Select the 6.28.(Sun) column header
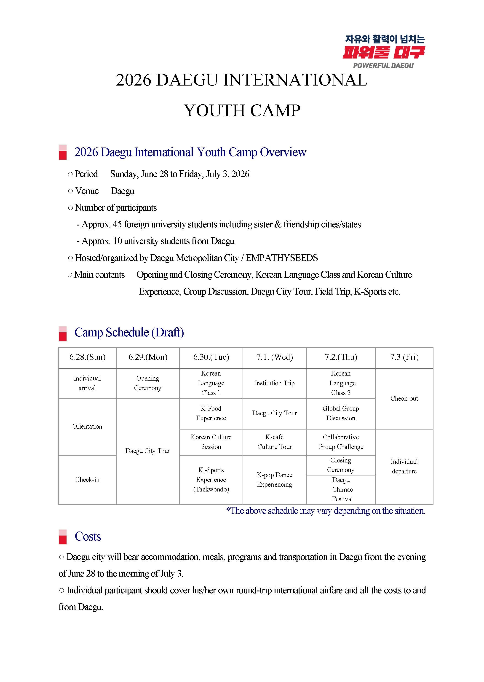pos(87,357)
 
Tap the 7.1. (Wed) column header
pos(275,357)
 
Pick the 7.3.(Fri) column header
pos(404,357)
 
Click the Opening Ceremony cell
pos(147,383)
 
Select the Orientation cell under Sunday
pos(87,426)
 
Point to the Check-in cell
pos(87,480)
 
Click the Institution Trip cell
pos(275,383)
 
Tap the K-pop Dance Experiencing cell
pos(275,480)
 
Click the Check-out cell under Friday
pos(404,399)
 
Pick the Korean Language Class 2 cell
pos(341,383)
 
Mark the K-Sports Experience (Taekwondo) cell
pos(211,480)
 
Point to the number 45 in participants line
pos(117,224)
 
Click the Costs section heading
pos(88,537)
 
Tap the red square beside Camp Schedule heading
pos(63,336)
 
